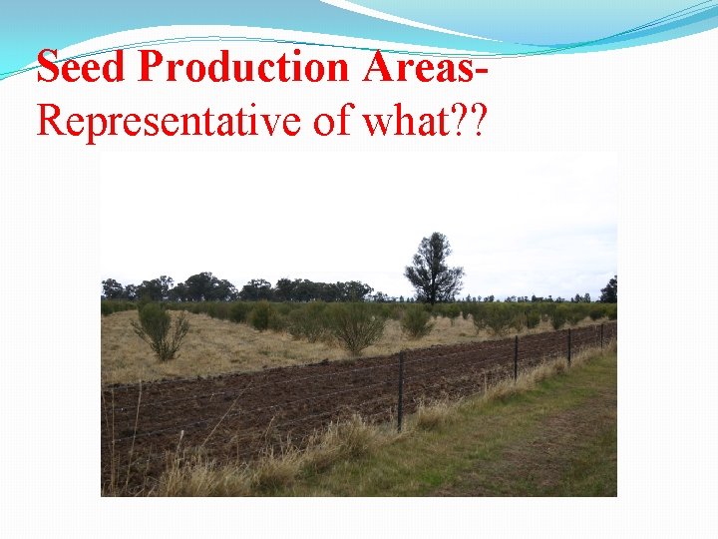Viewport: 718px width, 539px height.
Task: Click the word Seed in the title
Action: [x=83, y=67]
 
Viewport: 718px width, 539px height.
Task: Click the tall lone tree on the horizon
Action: [x=433, y=267]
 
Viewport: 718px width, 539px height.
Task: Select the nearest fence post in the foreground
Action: [x=401, y=390]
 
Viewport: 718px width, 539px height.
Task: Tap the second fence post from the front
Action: [x=516, y=357]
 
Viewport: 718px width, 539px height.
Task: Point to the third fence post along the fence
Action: [x=569, y=345]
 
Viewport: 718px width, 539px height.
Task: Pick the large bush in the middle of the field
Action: [x=353, y=327]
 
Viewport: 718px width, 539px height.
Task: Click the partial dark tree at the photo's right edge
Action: [x=608, y=289]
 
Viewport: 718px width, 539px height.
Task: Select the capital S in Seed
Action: [x=49, y=67]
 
